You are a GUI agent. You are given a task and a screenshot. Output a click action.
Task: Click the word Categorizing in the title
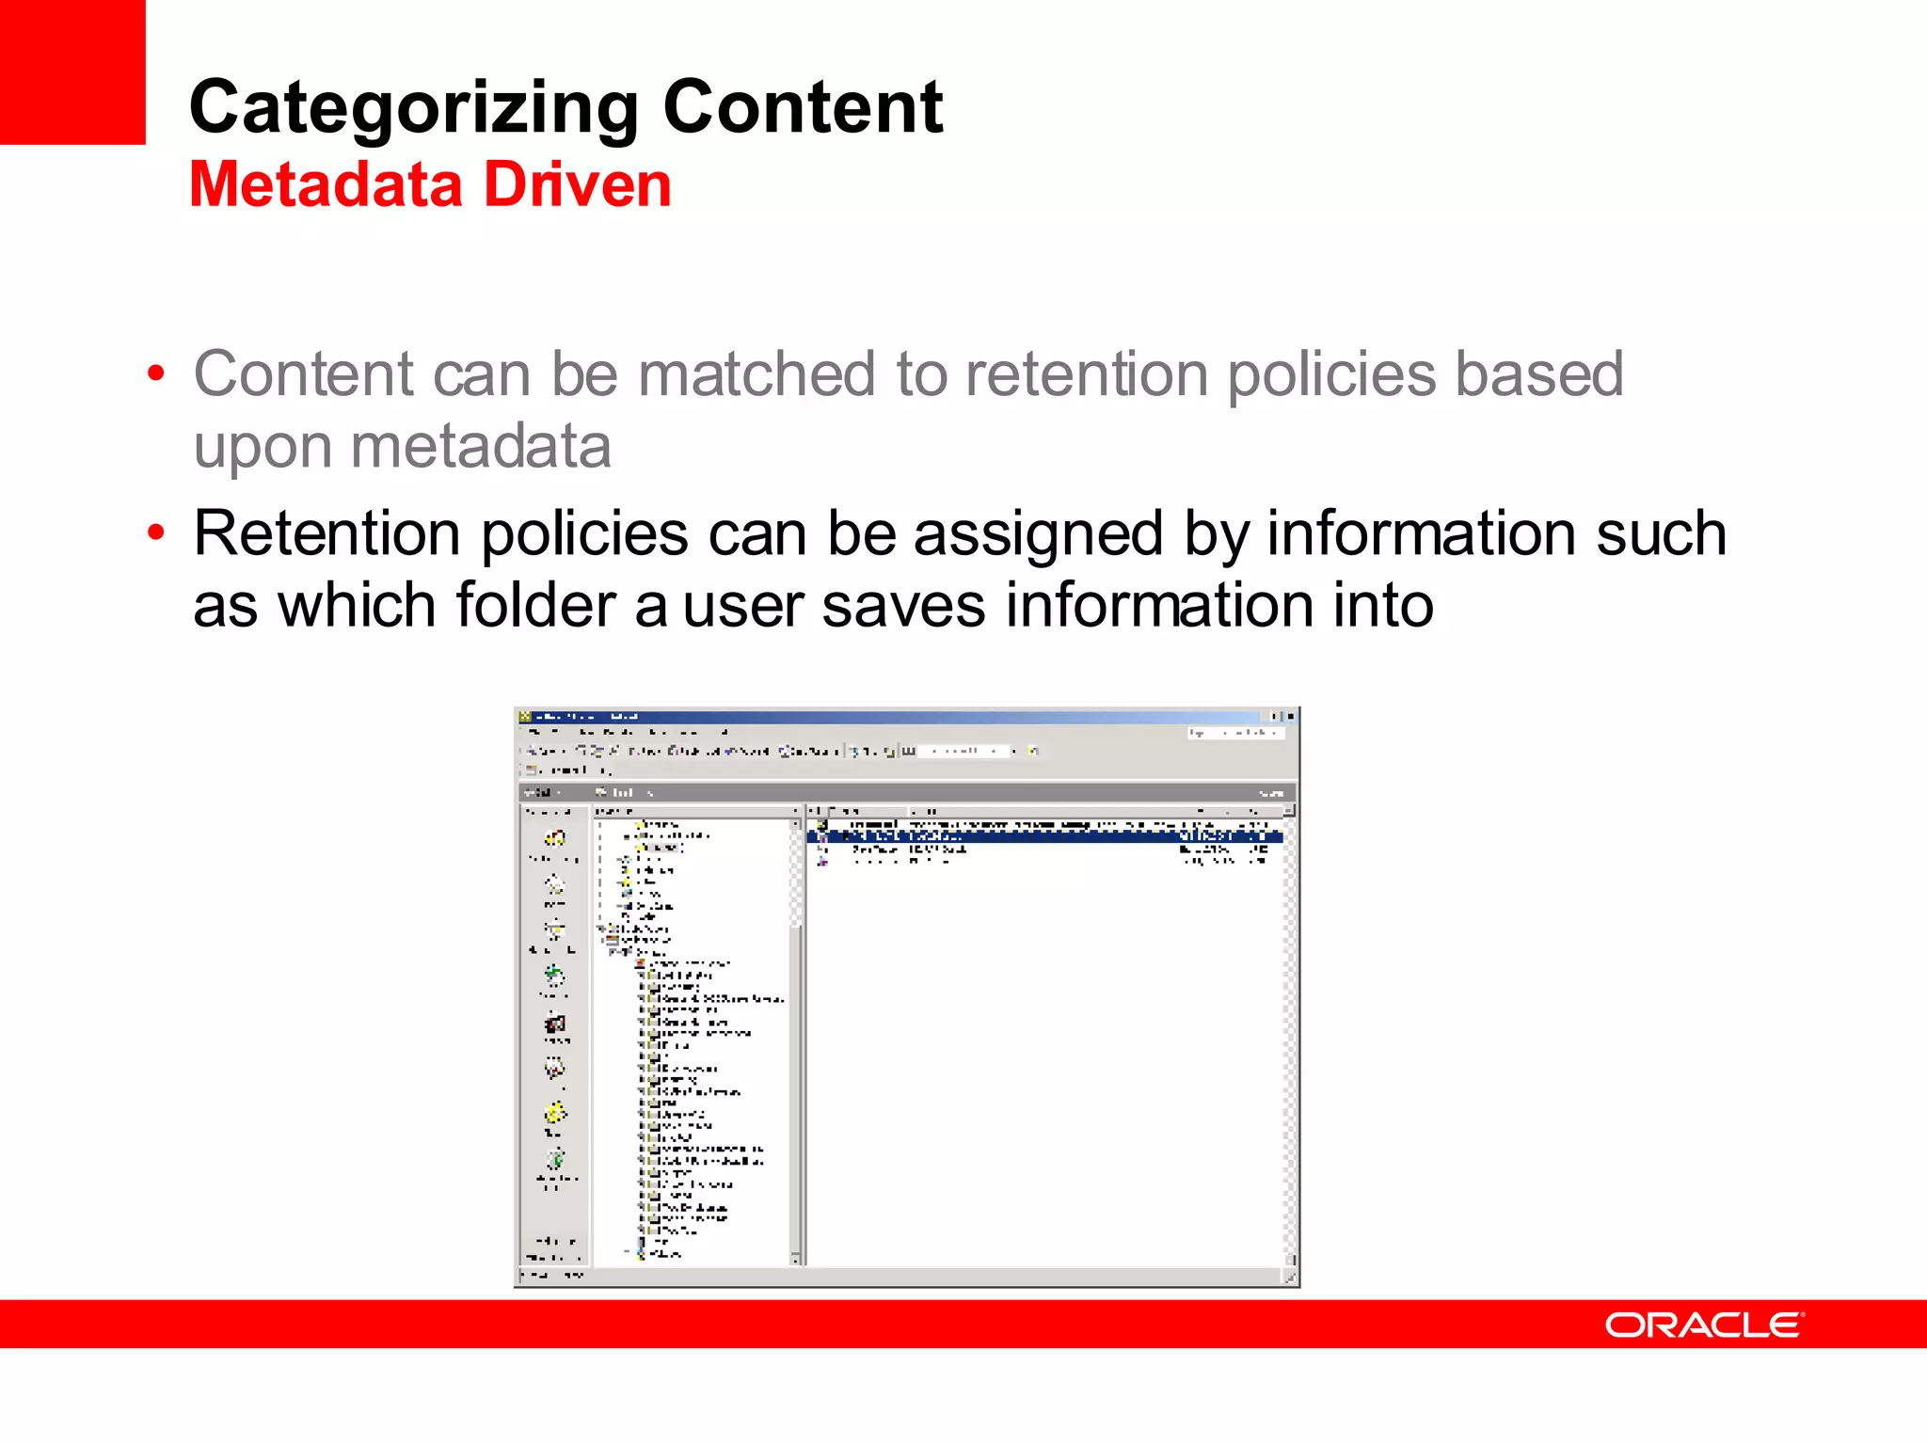click(x=414, y=108)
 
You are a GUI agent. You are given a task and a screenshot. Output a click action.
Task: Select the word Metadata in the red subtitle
click(x=326, y=184)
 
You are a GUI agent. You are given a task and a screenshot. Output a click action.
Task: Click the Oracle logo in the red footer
click(x=1704, y=1325)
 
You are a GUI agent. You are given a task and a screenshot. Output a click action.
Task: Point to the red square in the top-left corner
click(x=72, y=71)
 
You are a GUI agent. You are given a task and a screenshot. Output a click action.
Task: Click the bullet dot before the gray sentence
click(x=156, y=374)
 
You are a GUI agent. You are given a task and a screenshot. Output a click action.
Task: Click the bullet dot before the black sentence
click(x=156, y=533)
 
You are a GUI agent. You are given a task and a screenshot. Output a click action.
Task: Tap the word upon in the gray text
click(x=262, y=448)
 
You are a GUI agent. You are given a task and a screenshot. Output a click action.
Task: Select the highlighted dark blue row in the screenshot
click(x=1044, y=836)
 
